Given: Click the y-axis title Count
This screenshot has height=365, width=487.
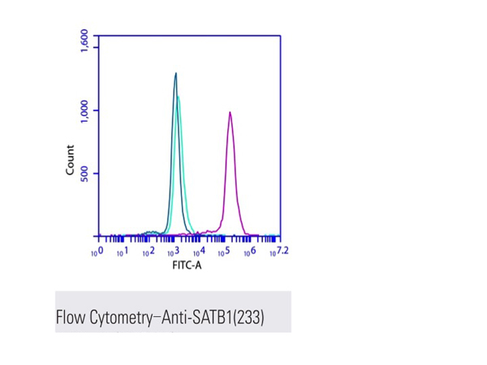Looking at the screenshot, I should tap(70, 160).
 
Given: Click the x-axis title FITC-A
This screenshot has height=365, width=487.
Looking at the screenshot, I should tap(187, 265).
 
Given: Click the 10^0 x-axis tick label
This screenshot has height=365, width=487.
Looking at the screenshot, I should tap(96, 253).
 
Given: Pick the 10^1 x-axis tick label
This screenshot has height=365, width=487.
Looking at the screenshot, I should tap(122, 253).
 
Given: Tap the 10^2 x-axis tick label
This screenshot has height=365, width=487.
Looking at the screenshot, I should tap(147, 253).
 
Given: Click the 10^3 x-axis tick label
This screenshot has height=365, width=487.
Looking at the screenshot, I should tap(173, 252).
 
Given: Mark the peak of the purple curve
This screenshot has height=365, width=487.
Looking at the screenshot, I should tap(230, 113).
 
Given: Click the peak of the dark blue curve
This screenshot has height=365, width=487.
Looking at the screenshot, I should tap(175, 74).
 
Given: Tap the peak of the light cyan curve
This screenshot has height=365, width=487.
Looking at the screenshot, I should tap(179, 97).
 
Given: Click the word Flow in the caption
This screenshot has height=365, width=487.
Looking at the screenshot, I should tap(70, 315).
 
